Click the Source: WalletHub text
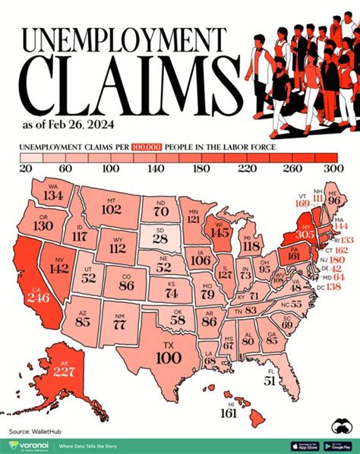click(35, 432)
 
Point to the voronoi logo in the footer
click(30, 445)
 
